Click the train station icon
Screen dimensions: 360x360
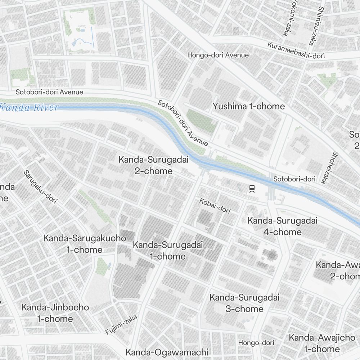252,188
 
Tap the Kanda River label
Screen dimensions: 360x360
29,107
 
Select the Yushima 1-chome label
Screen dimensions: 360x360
248,106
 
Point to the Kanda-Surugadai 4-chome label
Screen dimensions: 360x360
282,226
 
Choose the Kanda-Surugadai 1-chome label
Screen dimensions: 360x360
168,251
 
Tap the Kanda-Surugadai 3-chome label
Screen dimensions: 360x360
244,303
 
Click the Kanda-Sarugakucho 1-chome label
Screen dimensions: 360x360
85,244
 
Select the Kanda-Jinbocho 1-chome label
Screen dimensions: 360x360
55,313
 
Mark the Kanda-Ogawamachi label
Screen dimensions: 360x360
167,352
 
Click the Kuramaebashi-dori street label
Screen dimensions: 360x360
296,50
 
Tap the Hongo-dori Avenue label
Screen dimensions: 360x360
218,55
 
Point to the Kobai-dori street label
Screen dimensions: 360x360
215,206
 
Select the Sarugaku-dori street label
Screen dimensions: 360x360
40,187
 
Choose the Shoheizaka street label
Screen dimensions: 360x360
329,167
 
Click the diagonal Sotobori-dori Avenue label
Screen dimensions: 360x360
183,123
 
